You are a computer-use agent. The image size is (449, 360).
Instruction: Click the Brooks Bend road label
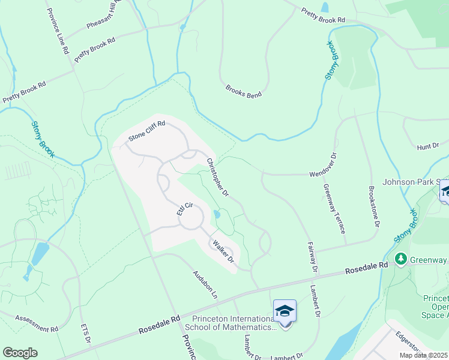point(243,91)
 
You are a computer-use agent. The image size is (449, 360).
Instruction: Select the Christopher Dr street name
point(218,178)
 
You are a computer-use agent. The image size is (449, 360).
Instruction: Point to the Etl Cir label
point(184,209)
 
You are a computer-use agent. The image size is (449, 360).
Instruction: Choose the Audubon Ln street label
point(204,282)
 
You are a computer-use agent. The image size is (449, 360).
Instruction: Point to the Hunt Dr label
point(428,146)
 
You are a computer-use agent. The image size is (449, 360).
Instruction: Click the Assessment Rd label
point(37,324)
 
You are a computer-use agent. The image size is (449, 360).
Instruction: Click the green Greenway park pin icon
point(400,259)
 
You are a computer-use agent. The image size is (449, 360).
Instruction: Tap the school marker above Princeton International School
point(285,311)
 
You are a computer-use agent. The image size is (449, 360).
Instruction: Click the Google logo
point(20,353)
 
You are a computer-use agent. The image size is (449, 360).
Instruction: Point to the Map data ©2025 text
point(423,355)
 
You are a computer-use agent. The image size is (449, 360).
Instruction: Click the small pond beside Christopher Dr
point(217,214)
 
